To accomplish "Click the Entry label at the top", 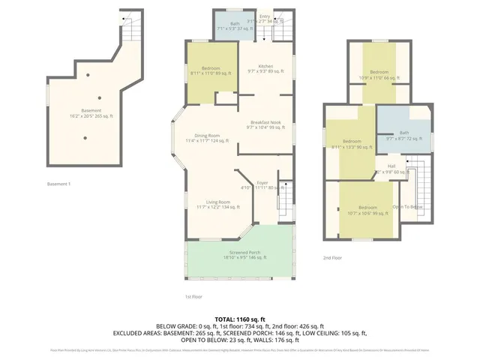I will [265, 16].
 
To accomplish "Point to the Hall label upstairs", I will [391, 168].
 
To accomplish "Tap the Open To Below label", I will [407, 206].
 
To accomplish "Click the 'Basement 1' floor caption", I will [58, 184].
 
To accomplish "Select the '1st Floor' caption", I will [193, 295].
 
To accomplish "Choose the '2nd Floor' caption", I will [332, 257].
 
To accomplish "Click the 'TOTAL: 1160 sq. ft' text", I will [239, 319].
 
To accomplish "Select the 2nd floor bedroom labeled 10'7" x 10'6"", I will [367, 210].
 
